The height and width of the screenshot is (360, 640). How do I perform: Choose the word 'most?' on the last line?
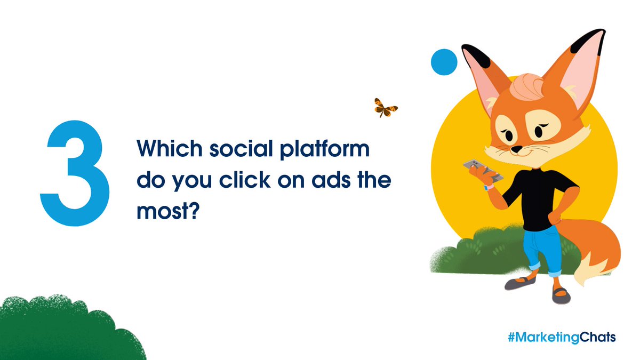[x=167, y=211]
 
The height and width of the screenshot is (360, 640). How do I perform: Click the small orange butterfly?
[x=385, y=107]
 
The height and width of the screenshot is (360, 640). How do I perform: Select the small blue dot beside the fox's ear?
[x=444, y=61]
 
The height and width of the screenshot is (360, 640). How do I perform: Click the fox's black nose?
[x=516, y=149]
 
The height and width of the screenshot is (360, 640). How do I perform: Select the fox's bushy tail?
[x=597, y=251]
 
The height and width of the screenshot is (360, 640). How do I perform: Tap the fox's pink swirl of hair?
[x=525, y=85]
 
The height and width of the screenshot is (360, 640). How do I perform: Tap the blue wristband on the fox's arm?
[x=487, y=187]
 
